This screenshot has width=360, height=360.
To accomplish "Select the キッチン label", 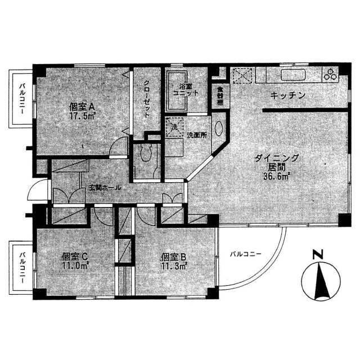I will (287, 96).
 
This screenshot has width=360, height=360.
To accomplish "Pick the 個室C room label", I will (75, 256).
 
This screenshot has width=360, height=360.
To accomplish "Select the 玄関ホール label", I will (103, 188).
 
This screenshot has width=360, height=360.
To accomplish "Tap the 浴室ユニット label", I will (185, 90).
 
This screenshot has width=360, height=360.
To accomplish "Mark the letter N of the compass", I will (318, 254).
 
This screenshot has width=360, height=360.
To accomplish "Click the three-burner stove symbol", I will (328, 74).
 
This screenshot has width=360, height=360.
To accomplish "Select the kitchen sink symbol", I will (292, 75).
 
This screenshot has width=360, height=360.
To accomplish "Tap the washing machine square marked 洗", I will (173, 127).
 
